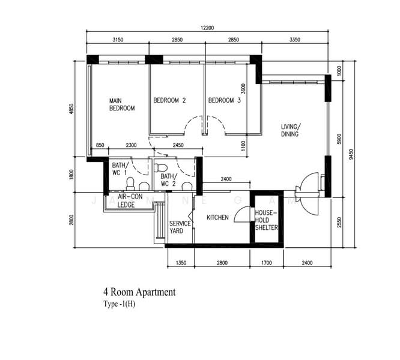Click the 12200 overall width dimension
coord(207,28)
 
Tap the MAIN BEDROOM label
coord(122,104)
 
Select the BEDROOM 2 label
coord(169,100)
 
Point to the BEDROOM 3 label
coord(225,100)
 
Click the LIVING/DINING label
coord(291,130)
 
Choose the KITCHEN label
coord(217,218)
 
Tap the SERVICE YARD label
coord(180,227)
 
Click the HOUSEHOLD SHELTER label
coord(267,220)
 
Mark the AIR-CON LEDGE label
coord(130,201)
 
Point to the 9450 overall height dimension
coord(351,154)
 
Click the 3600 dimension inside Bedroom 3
coord(243,89)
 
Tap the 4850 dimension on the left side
coord(71,109)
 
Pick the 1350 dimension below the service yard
coord(181,263)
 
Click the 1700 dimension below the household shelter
coord(266,263)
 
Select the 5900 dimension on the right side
coord(339,139)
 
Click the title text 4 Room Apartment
coord(139,292)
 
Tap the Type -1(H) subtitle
coord(119,304)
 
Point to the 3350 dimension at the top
coord(295,40)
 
